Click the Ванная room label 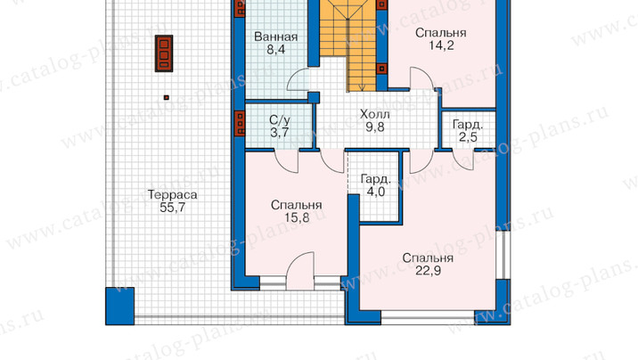[276, 37]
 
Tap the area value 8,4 [276, 50]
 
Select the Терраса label [172, 195]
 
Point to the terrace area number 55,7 [172, 208]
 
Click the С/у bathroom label [280, 120]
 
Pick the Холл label [375, 114]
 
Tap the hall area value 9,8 [375, 127]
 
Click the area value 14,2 [441, 45]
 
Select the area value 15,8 [297, 217]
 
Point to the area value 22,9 [428, 271]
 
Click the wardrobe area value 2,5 [468, 137]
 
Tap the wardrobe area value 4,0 [375, 192]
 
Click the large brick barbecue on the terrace [164, 53]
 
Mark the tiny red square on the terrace [166, 98]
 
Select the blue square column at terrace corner [119, 306]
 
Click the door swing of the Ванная [299, 79]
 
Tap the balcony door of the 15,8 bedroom [300, 271]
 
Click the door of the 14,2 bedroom [421, 78]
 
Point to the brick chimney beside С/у [239, 123]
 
